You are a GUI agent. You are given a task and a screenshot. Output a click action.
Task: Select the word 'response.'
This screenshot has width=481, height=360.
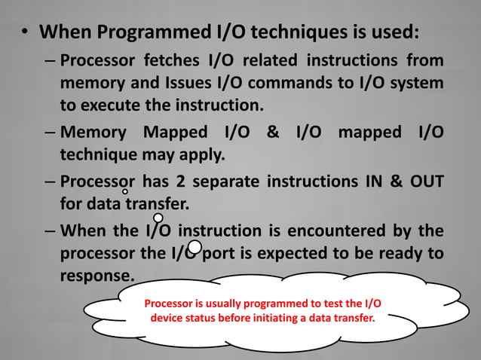[97, 275]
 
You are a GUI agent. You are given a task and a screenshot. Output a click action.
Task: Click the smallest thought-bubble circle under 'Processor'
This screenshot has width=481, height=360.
[125, 192]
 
